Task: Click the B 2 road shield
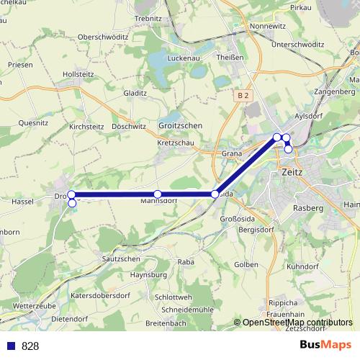click(244, 95)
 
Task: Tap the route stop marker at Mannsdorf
click(157, 194)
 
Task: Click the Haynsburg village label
click(148, 274)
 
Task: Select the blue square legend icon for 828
click(12, 346)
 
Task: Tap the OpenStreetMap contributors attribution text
click(297, 323)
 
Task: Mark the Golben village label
click(246, 264)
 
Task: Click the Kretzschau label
click(175, 143)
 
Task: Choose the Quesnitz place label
click(34, 122)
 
